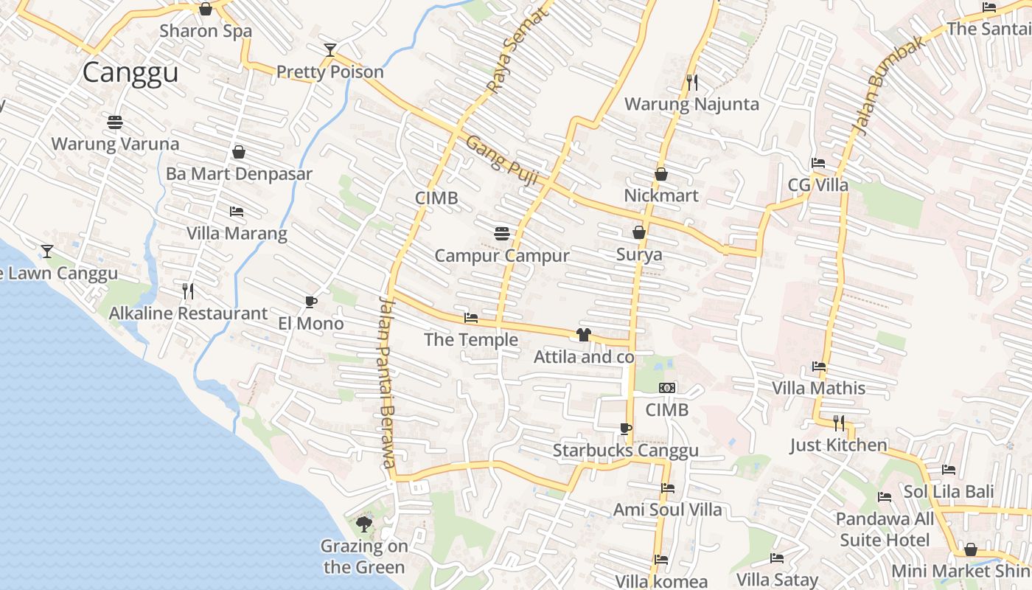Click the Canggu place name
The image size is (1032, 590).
click(130, 73)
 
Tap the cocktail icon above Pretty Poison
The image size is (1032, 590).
click(330, 50)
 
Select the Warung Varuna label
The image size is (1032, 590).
click(115, 144)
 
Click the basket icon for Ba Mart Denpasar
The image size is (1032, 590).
click(239, 152)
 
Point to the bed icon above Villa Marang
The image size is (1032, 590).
click(237, 212)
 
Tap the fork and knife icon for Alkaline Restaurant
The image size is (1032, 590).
click(188, 291)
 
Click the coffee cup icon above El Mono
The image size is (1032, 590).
click(310, 302)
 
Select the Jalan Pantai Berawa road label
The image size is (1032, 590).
click(388, 381)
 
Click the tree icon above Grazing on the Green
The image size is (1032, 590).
click(363, 524)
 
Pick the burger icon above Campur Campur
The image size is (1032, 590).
click(502, 234)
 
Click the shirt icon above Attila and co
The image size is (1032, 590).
click(584, 335)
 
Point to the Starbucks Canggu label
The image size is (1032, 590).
click(626, 451)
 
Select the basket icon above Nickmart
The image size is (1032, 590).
click(661, 174)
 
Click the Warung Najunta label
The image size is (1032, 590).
click(691, 104)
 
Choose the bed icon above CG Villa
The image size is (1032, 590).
click(818, 163)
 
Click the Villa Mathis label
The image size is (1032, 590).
click(818, 388)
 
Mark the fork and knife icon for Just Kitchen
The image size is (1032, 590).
click(839, 423)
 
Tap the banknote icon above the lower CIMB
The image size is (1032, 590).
click(667, 388)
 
